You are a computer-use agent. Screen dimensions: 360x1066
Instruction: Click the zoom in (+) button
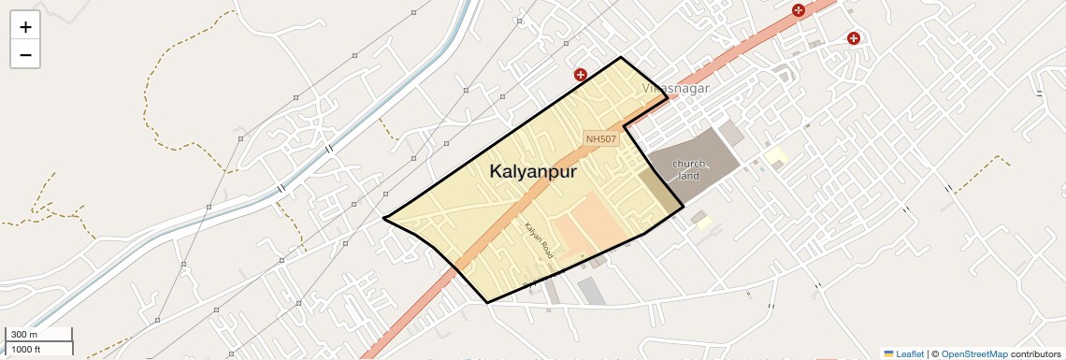pos(25,27)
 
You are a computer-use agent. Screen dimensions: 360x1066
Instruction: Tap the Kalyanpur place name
pos(532,173)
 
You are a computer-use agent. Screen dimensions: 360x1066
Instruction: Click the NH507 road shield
pos(602,138)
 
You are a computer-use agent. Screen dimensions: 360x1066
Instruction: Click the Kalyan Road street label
pos(539,241)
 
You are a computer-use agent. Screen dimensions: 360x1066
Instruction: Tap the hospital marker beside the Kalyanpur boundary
pos(581,74)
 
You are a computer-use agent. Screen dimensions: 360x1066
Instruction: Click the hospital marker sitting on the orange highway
pos(798,10)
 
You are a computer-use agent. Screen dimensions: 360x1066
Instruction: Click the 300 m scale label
pos(24,335)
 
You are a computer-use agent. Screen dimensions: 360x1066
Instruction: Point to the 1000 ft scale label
pos(26,349)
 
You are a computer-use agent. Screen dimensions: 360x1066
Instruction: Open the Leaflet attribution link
pos(910,353)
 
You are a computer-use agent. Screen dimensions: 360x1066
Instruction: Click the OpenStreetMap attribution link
pos(974,353)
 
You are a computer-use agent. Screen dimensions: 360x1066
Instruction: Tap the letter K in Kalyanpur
pos(497,173)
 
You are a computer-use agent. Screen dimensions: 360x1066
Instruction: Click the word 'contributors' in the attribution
pos(1036,353)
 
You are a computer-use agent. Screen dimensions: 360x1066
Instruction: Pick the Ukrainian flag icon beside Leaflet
pos(889,353)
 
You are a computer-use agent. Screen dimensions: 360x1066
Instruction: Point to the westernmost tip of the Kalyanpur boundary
pos(383,218)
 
